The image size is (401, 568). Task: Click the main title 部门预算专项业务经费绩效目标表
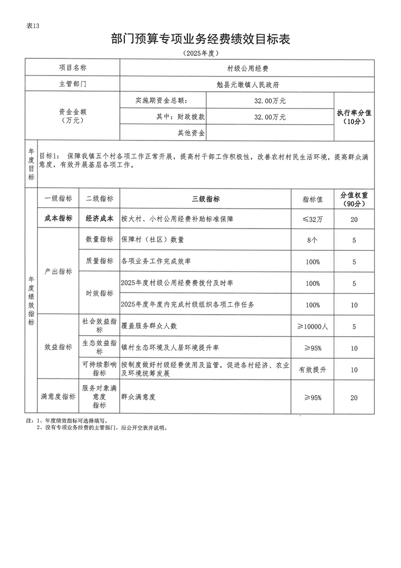200,40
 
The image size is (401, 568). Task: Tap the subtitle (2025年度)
200,53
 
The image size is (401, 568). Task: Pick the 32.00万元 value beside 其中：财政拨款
270,117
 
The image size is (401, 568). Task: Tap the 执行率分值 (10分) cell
354,117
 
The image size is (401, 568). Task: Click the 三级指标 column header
206,199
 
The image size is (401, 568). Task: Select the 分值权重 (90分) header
354,199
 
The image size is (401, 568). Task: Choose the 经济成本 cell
100,219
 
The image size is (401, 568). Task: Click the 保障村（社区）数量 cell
152,240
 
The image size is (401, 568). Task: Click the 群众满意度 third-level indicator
138,398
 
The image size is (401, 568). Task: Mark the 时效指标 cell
100,293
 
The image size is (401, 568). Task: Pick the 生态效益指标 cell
100,348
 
